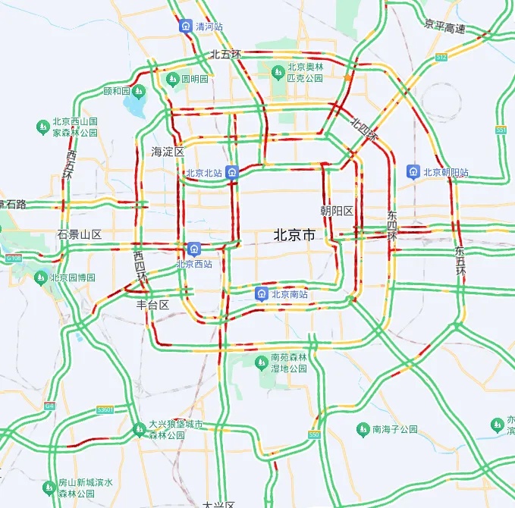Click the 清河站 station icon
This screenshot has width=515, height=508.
[x=186, y=27]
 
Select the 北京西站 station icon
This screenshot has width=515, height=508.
[x=194, y=249]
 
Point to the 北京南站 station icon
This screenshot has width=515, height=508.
[x=262, y=294]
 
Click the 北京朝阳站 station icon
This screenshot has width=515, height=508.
[x=413, y=172]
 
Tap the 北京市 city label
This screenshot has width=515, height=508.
[x=294, y=236]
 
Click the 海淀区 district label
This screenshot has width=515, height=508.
[x=168, y=152]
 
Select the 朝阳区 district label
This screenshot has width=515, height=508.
[x=338, y=210]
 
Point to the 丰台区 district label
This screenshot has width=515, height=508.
[x=152, y=305]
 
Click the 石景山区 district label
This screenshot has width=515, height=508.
[x=80, y=234]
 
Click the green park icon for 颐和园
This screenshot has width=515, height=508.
[x=139, y=92]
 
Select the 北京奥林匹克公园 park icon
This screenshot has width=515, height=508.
[x=278, y=72]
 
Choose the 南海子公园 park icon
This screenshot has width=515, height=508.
[x=363, y=429]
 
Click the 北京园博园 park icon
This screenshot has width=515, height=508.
[x=41, y=278]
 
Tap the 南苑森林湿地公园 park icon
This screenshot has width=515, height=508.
[x=262, y=362]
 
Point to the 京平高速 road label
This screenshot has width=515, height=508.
[x=444, y=29]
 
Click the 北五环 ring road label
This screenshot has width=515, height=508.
[x=225, y=55]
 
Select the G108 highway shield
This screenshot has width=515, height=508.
[x=13, y=259]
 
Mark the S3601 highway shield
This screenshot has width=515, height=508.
[x=105, y=410]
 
